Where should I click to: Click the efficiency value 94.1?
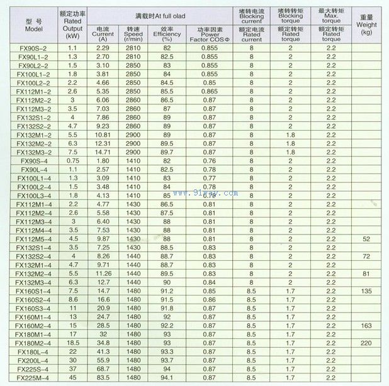pos(167,378)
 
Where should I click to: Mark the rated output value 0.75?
pos(72,161)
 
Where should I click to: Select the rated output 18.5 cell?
pos(72,343)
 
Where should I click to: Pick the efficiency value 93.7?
pos(167,361)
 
